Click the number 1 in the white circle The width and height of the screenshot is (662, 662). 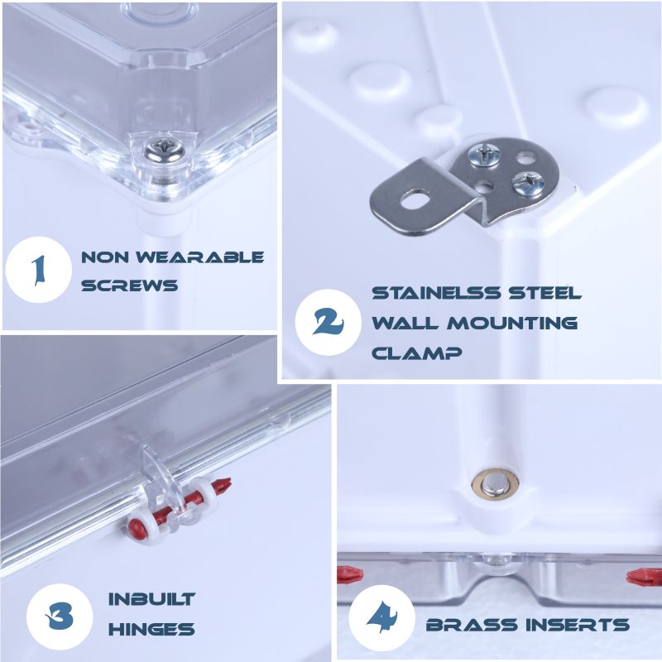pyautogui.click(x=39, y=271)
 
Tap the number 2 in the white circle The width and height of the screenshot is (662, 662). pyautogui.click(x=329, y=322)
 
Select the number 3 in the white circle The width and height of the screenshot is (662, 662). pyautogui.click(x=60, y=616)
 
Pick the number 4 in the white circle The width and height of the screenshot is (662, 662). pyautogui.click(x=381, y=616)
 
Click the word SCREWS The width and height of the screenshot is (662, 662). pyautogui.click(x=130, y=285)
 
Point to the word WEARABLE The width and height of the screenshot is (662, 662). pyautogui.click(x=199, y=257)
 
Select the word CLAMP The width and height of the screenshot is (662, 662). pyautogui.click(x=417, y=353)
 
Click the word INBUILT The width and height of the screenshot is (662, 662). pyautogui.click(x=151, y=599)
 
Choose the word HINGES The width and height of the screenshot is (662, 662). pyautogui.click(x=151, y=629)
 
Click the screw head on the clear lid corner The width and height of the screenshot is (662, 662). pyautogui.click(x=163, y=151)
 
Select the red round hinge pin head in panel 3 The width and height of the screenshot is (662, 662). pyautogui.click(x=136, y=527)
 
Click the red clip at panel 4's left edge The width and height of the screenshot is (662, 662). pyautogui.click(x=350, y=574)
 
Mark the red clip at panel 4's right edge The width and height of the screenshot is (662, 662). pyautogui.click(x=644, y=577)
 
